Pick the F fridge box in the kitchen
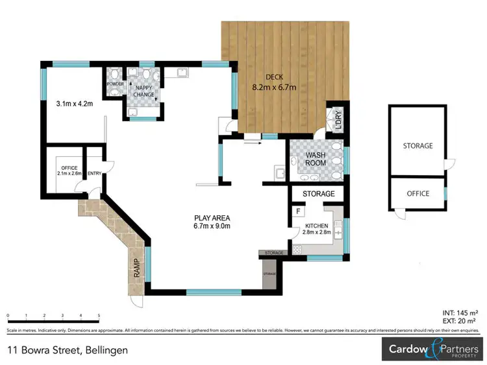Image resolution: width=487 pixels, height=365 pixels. [x=298, y=211]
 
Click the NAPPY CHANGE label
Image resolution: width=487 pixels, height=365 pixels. [x=144, y=91]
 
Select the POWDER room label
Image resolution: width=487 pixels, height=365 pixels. [x=115, y=84]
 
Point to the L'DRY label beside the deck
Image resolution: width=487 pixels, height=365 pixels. [x=338, y=122]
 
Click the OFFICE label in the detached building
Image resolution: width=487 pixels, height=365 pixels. [x=418, y=193]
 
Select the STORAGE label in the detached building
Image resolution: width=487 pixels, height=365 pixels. [x=418, y=146]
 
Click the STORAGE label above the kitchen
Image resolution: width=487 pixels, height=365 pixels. [x=319, y=194]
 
